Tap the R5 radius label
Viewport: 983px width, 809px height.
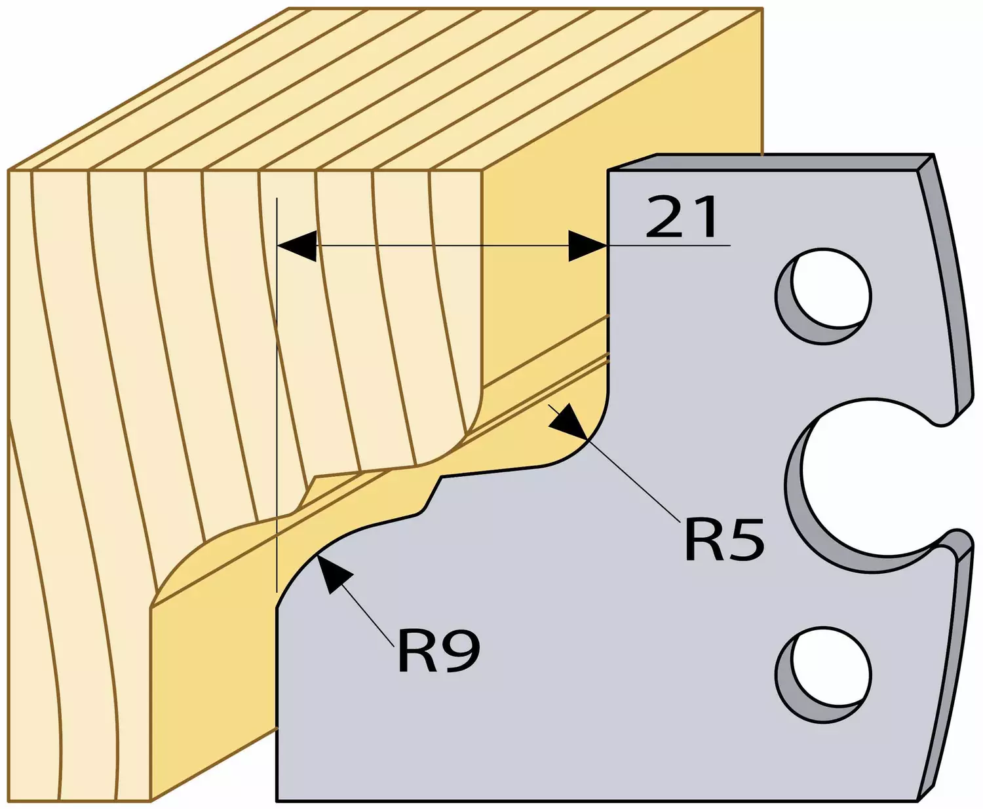[x=724, y=540]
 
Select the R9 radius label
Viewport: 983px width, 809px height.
[x=438, y=652]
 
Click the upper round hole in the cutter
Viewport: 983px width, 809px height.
[x=824, y=296]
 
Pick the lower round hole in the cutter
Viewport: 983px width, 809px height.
[x=824, y=675]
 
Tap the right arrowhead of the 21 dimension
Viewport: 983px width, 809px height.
[x=588, y=246]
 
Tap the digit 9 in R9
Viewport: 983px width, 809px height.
[x=461, y=652]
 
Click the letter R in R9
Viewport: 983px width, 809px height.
[x=417, y=652]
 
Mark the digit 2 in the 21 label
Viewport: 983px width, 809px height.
[x=664, y=217]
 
